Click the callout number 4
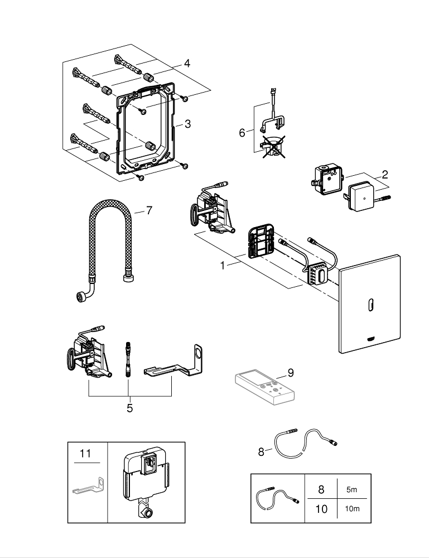point(187,64)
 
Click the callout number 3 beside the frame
point(188,124)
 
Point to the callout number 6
point(242,132)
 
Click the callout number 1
point(223,266)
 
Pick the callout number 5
point(129,408)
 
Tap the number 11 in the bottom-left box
point(84,454)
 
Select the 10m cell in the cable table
point(352,509)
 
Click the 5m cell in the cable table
point(352,489)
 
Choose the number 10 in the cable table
point(321,509)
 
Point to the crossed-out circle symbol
point(273,147)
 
